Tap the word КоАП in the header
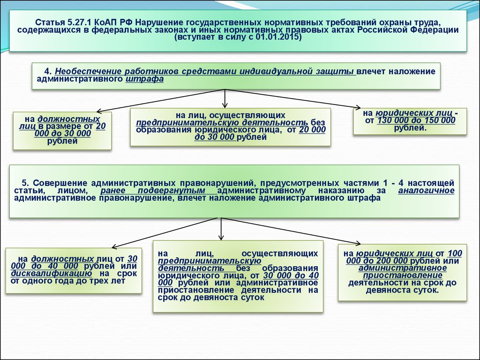pyautogui.click(x=106, y=22)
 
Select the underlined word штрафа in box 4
pyautogui.click(x=144, y=79)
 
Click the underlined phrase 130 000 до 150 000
pyautogui.click(x=416, y=120)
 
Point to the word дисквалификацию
pyautogui.click(x=52, y=273)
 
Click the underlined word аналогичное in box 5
pyautogui.click(x=426, y=190)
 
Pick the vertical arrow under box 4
pyautogui.click(x=225, y=98)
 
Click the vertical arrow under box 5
pyautogui.click(x=221, y=229)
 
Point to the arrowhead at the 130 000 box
pyautogui.click(x=358, y=107)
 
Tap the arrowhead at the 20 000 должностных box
pyautogui.click(x=99, y=112)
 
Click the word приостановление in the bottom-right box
pyautogui.click(x=403, y=276)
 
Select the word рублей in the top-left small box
pyautogui.click(x=62, y=141)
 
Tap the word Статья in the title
pyautogui.click(x=50, y=22)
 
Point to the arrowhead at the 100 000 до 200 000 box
pyautogui.click(x=358, y=244)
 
